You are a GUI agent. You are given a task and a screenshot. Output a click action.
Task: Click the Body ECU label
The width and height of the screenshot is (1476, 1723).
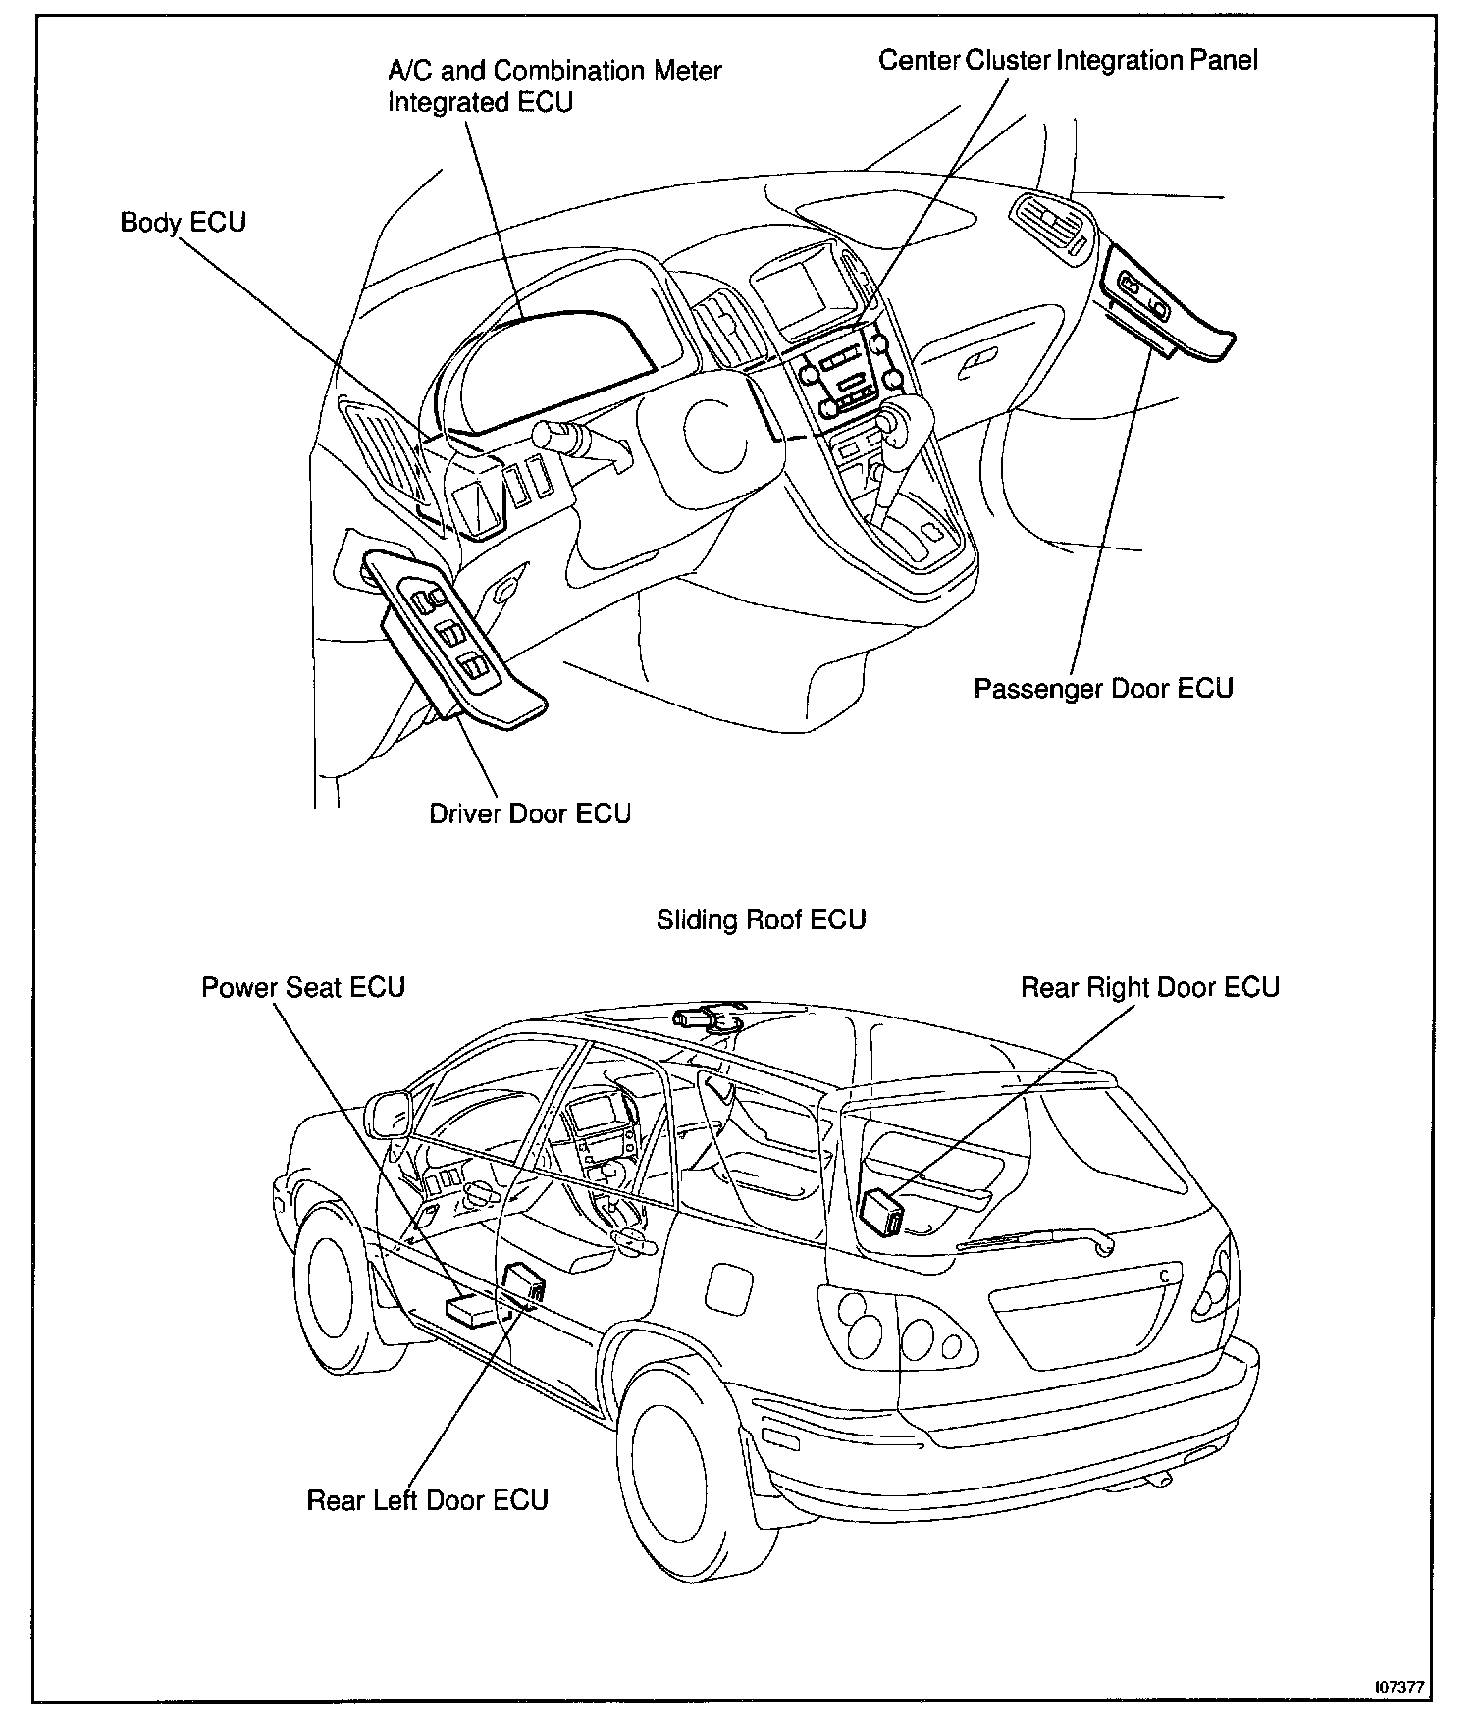tap(183, 223)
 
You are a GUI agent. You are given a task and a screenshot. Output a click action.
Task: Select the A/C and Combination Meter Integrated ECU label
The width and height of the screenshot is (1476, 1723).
tap(554, 86)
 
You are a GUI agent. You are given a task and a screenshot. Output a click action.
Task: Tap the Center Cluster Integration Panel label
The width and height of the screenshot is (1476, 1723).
tap(1068, 61)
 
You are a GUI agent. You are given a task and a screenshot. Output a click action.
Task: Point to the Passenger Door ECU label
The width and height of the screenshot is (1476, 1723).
tap(1103, 688)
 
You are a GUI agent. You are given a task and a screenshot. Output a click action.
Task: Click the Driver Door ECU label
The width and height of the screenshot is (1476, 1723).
tap(530, 813)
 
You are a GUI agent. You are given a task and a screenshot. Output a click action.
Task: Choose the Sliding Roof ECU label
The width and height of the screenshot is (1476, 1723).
tap(761, 920)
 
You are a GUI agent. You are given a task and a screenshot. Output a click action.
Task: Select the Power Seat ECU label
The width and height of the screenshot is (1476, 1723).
tap(303, 987)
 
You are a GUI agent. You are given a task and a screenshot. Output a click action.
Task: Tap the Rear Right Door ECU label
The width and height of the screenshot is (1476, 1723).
tap(1150, 987)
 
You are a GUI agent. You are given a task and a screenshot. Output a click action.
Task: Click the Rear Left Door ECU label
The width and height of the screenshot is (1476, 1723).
tap(427, 1501)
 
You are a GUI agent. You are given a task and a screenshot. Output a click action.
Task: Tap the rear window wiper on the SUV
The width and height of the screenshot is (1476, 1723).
tap(1036, 1240)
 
